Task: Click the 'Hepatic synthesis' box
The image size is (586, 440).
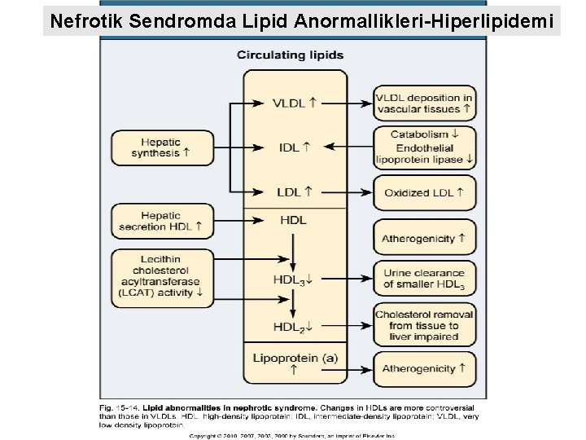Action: tap(161, 147)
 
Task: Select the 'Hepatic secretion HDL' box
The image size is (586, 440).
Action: tap(161, 221)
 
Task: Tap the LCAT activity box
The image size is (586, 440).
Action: tap(161, 277)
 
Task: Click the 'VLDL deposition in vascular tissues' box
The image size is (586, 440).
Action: tap(424, 103)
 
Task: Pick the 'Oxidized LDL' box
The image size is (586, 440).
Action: tap(424, 192)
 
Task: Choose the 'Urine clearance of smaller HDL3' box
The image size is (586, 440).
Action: tap(424, 279)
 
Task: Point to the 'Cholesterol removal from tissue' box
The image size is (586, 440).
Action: tap(424, 325)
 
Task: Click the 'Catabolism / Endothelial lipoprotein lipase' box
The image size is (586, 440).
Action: tap(424, 147)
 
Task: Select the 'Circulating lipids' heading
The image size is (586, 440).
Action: tap(291, 55)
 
